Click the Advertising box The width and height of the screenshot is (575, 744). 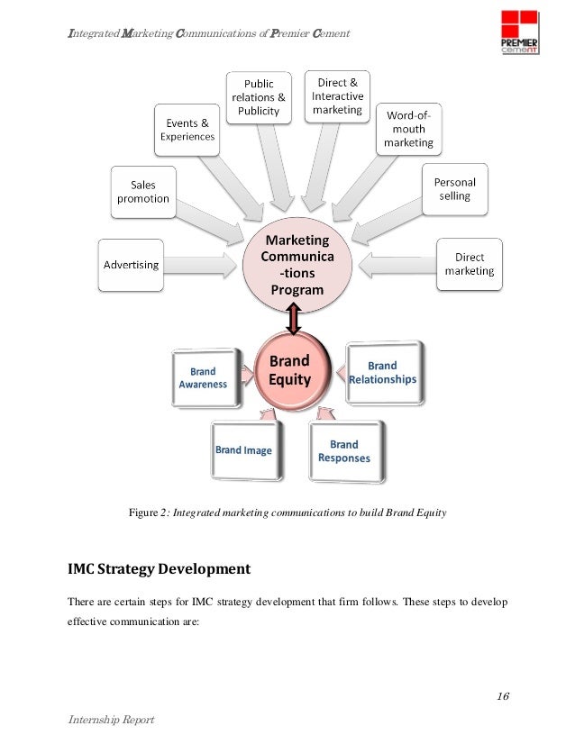point(132,265)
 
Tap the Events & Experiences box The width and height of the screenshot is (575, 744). point(187,131)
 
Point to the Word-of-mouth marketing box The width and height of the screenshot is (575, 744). point(408,129)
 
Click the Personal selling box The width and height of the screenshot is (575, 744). point(455,189)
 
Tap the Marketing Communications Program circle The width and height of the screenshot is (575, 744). point(295,265)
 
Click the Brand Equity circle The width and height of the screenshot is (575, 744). point(289,371)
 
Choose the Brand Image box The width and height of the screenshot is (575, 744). point(244,449)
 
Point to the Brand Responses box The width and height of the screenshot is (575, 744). point(343,450)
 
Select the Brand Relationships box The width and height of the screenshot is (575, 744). point(382,372)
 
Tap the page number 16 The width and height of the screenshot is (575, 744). point(503,697)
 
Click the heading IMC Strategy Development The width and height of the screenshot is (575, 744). point(159,569)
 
